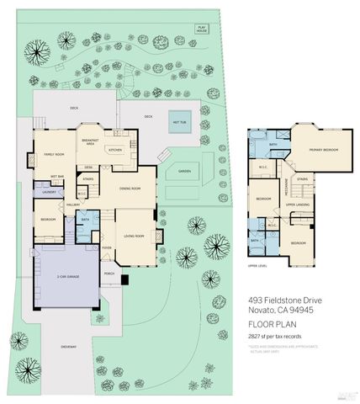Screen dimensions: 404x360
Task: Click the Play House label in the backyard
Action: point(202,29)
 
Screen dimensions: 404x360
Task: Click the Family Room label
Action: point(55,155)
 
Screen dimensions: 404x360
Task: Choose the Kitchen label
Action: point(115,151)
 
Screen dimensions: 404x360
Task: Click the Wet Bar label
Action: point(57,177)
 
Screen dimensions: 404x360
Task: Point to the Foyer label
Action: point(107,247)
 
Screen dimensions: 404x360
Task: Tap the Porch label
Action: point(109,274)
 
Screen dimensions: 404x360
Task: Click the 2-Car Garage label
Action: point(65,277)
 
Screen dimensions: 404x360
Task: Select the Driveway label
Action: point(68,346)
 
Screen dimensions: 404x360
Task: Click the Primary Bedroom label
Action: point(322,150)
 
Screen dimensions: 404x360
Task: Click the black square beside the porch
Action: point(124,279)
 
